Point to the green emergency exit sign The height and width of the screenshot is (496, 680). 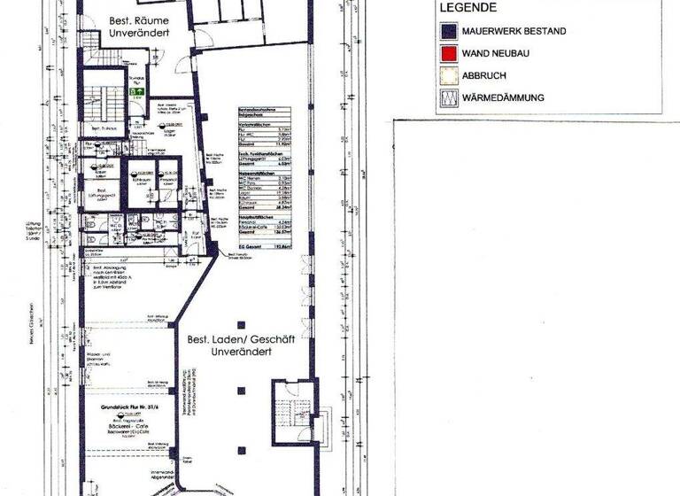click(x=137, y=90)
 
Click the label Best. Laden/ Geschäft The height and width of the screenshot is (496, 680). click(x=226, y=339)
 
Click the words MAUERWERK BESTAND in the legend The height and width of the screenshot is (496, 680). click(x=514, y=31)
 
